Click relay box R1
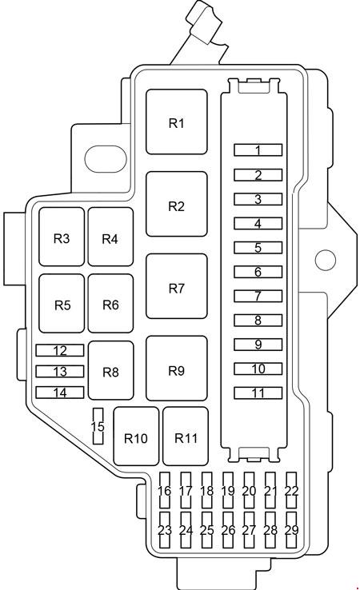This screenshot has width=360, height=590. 176,122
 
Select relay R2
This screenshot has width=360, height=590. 176,204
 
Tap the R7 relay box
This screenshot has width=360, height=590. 176,286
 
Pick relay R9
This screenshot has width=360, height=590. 176,369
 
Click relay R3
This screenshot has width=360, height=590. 62,237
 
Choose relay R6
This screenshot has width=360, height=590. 110,303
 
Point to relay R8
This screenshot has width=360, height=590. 110,370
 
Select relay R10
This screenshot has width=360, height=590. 136,436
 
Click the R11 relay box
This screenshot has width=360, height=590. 186,436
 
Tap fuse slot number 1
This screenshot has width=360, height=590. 258,149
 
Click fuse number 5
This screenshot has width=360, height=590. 258,247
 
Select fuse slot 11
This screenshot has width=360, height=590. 258,393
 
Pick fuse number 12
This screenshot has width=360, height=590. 60,350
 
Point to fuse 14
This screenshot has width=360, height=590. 60,393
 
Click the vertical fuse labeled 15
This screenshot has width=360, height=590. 98,426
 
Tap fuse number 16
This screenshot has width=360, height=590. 165,490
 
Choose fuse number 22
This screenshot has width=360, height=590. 291,490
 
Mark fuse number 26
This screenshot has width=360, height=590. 228,530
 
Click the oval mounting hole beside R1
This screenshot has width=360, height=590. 106,159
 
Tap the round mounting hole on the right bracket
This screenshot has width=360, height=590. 325,260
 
